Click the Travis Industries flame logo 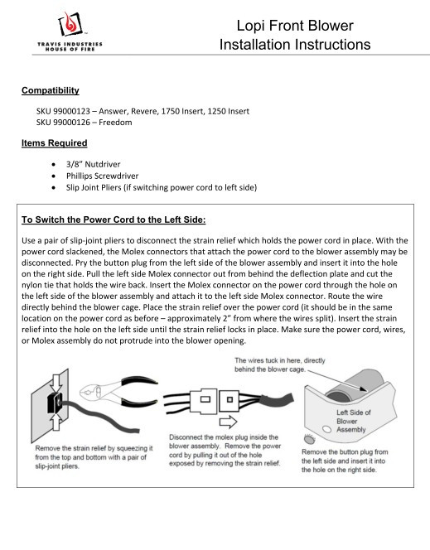click(70, 24)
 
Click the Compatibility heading click(51, 90)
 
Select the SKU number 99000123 click(71, 111)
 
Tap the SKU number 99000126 click(71, 123)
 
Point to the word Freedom click(115, 123)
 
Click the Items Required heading click(55, 143)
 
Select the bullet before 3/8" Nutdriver click(53, 165)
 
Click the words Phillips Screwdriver click(102, 176)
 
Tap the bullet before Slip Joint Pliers click(53, 188)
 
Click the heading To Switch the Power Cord click(114, 220)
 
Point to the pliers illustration click(118, 392)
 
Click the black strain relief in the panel click(55, 403)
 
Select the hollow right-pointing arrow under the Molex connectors click(228, 422)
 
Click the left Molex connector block click(204, 400)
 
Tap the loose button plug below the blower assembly click(309, 438)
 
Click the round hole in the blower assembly click(327, 429)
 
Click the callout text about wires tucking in click(280, 364)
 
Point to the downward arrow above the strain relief click(56, 384)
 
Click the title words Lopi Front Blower click(295, 26)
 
